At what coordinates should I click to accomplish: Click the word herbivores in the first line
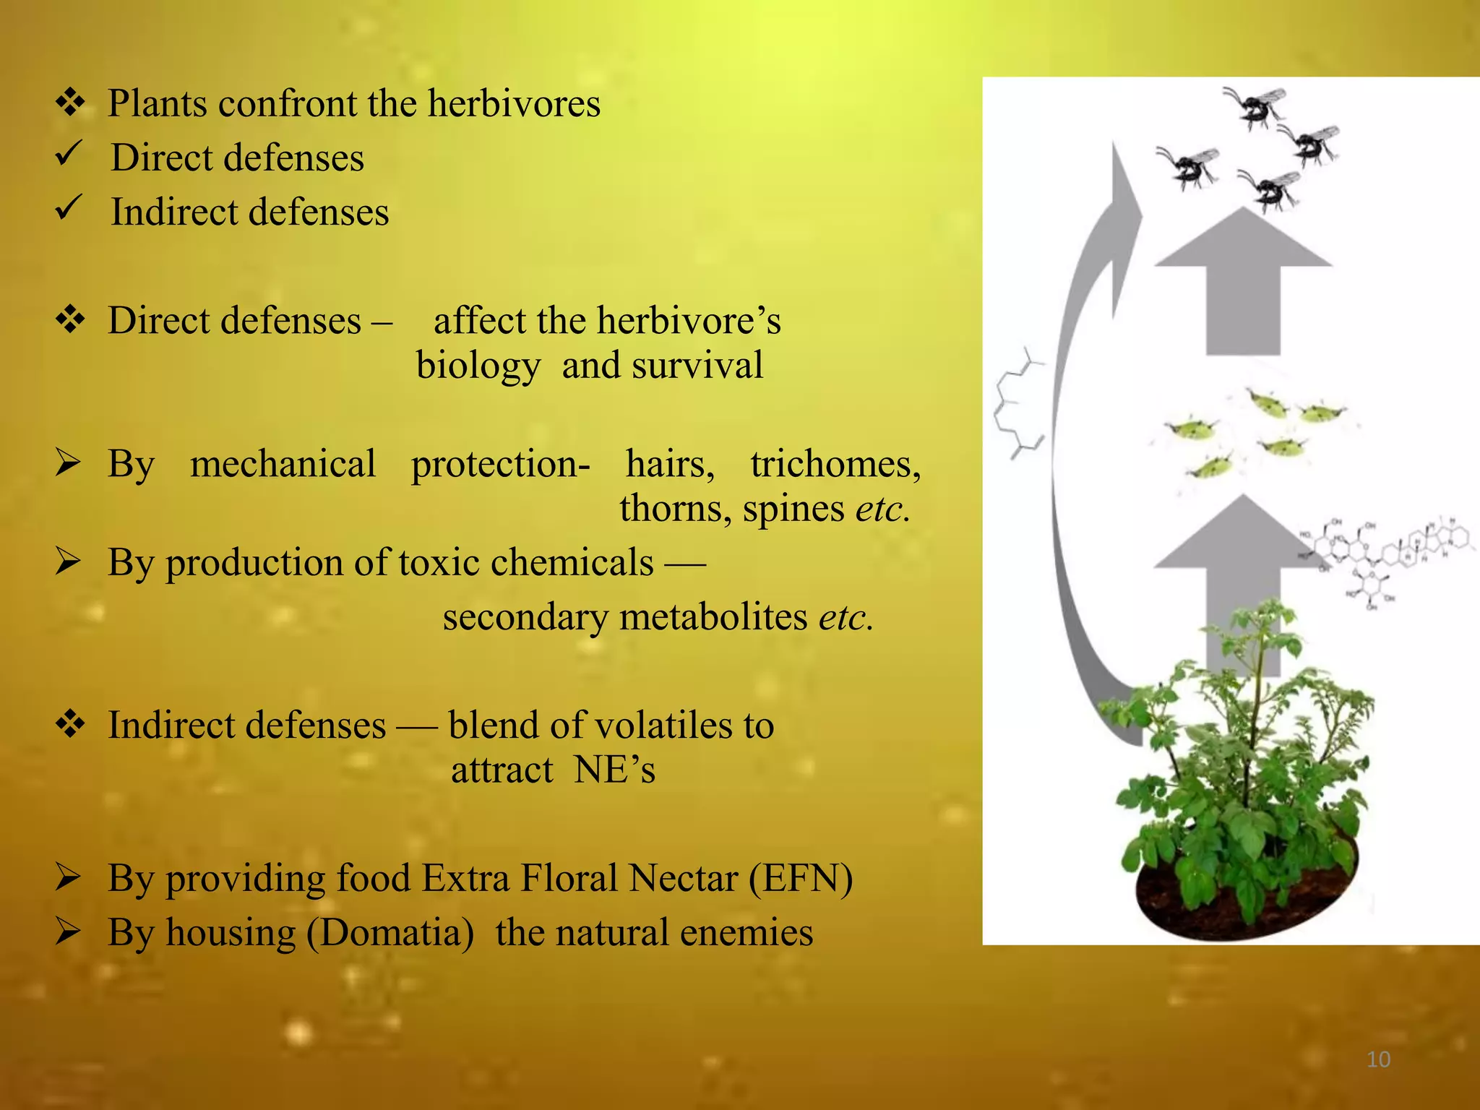tap(514, 103)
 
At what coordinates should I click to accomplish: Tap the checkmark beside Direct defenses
tap(70, 154)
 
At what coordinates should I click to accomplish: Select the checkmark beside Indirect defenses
tap(70, 208)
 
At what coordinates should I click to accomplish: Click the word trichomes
tap(835, 464)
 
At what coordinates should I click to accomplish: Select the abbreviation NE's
tap(614, 770)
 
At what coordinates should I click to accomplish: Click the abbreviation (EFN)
tap(801, 879)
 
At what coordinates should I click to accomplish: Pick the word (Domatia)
tap(390, 932)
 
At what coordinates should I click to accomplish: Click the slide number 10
tap(1378, 1059)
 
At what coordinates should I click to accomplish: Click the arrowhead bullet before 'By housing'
tap(68, 932)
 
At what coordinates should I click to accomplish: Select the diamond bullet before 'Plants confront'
tap(71, 102)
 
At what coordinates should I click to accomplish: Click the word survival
tap(697, 365)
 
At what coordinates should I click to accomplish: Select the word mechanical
tap(283, 464)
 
